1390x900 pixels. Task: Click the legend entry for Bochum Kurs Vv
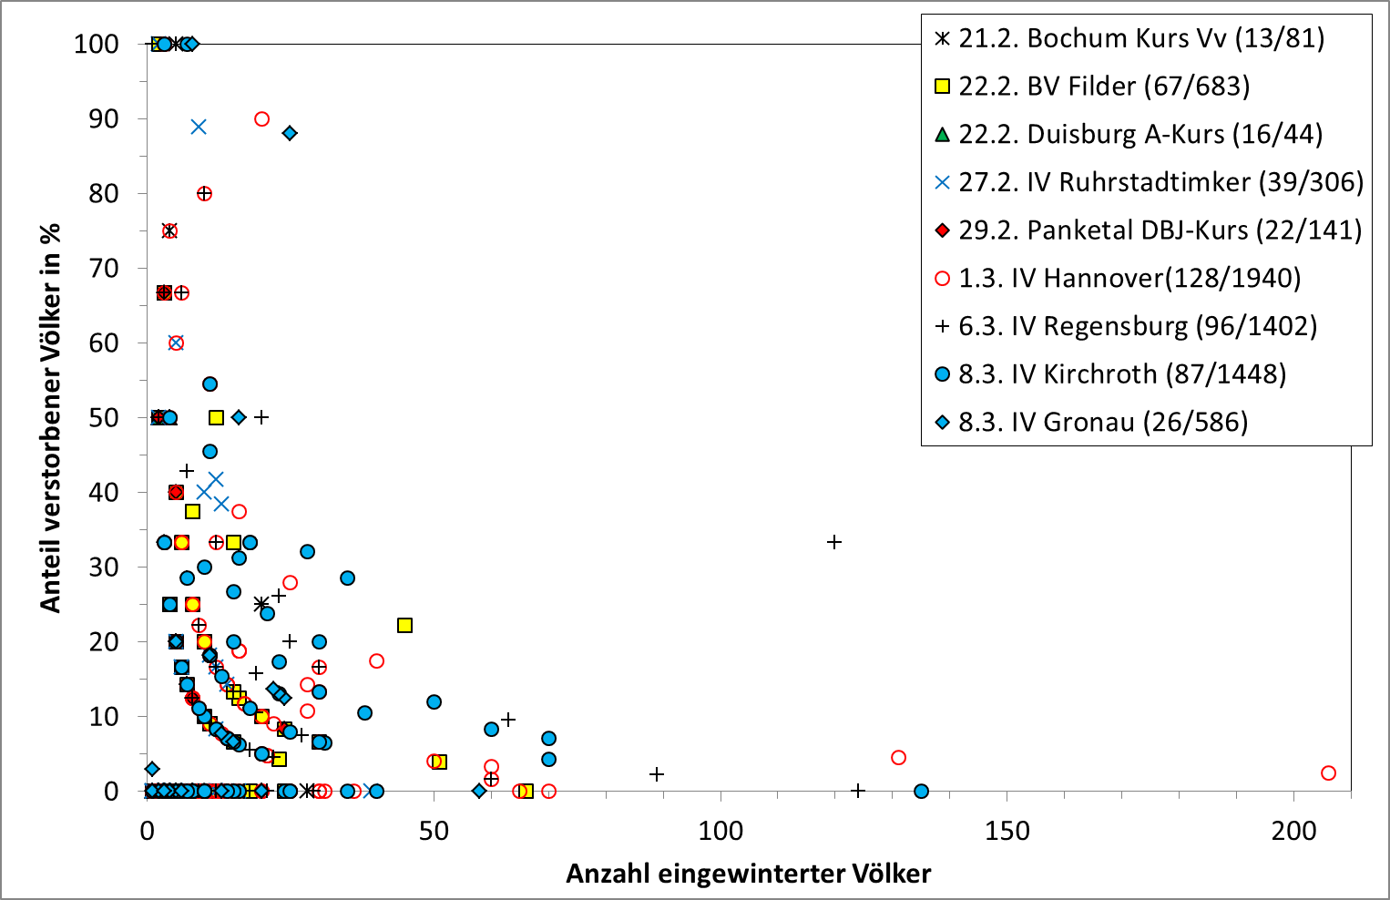click(1129, 38)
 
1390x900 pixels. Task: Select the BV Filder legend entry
click(1092, 87)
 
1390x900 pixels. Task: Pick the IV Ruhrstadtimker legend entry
click(1148, 182)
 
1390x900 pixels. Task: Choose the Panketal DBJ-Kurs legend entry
click(1147, 230)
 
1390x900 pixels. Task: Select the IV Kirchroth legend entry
click(1110, 374)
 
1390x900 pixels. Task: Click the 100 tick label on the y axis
click(96, 44)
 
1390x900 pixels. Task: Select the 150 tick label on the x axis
click(1007, 831)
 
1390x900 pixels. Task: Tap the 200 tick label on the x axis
click(1294, 831)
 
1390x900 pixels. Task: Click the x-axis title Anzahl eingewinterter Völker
click(748, 874)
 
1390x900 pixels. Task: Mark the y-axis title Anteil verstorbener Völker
click(50, 417)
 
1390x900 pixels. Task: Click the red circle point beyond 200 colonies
click(1328, 772)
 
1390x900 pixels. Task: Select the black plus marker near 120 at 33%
click(833, 542)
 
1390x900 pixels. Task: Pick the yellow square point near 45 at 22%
click(404, 625)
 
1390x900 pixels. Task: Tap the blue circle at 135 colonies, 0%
click(921, 791)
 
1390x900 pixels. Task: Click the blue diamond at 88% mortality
click(290, 133)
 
